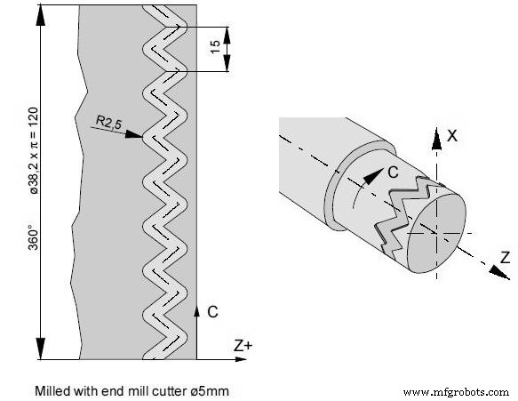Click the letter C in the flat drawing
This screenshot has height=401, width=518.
(x=211, y=312)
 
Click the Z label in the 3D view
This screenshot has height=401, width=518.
(x=504, y=257)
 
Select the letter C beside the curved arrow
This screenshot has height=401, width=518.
(x=392, y=173)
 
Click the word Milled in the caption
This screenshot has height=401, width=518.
(x=51, y=389)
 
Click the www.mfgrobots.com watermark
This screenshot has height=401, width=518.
(x=456, y=391)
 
